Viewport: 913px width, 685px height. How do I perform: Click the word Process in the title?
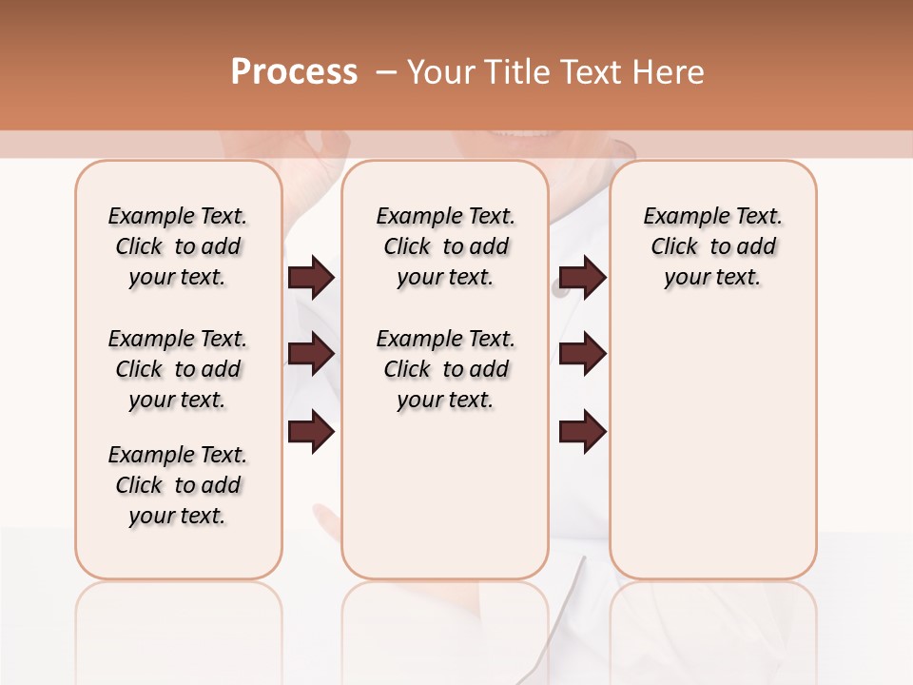point(294,72)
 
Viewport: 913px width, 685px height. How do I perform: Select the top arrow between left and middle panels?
point(311,277)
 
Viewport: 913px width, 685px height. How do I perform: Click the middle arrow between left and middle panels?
point(311,354)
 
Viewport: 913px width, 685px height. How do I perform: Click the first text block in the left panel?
point(178,246)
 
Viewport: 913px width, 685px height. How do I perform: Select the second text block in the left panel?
point(178,369)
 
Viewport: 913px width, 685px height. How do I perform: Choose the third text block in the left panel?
point(178,485)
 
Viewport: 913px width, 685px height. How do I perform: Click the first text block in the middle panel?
point(445,246)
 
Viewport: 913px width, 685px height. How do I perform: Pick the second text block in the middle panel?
point(445,369)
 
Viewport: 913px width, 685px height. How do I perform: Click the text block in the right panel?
point(712,246)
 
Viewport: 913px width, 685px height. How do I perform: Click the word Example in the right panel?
point(683,217)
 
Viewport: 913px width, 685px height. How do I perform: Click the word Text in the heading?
point(592,72)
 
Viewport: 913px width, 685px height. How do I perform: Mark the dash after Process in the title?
point(386,72)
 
